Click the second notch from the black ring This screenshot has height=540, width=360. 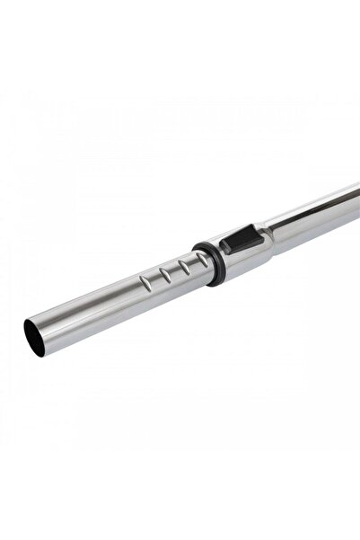pyautogui.click(x=169, y=273)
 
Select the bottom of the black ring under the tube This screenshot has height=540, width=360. pyautogui.click(x=216, y=281)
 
